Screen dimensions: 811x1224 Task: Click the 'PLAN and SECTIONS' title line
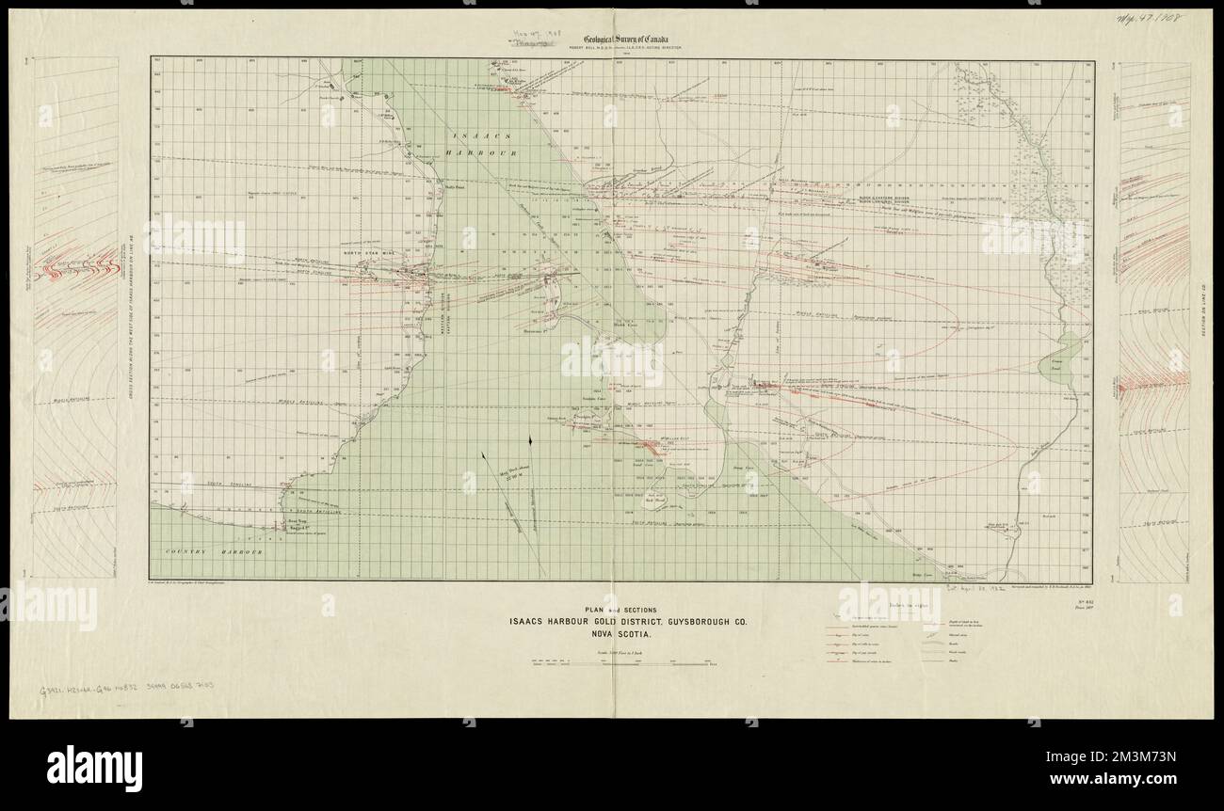click(x=611, y=607)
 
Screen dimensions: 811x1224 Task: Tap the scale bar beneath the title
click(x=611, y=663)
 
